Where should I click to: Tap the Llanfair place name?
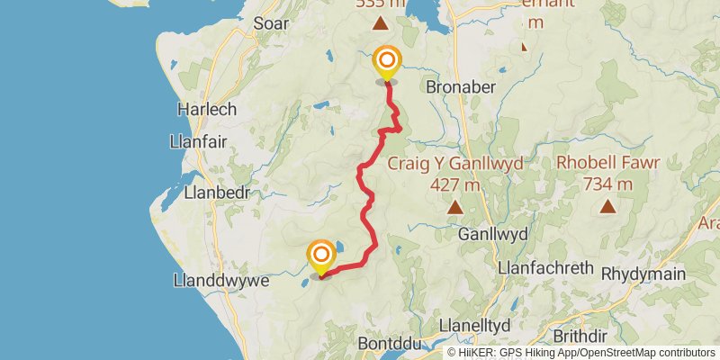pos(195,141)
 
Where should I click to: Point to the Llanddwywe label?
pos(221,281)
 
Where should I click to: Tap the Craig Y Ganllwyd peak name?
pos(454,164)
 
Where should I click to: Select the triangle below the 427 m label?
pos(455,208)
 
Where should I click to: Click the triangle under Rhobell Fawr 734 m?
pos(608,207)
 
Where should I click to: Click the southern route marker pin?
pos(321,256)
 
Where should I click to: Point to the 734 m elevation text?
pos(608,184)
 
